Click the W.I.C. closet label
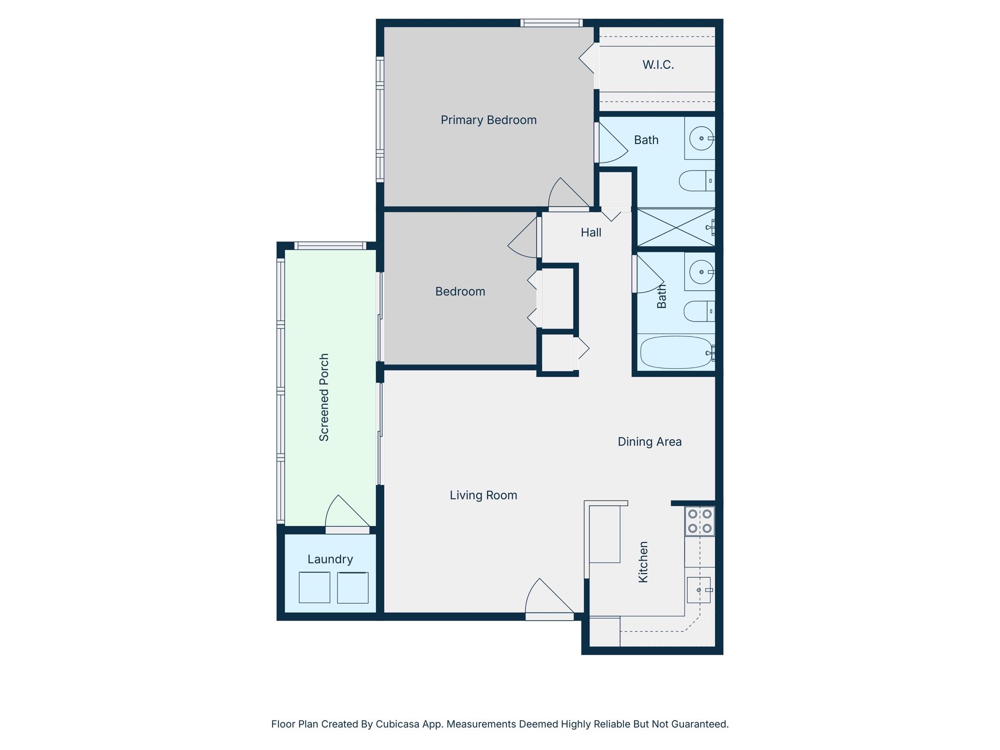658,64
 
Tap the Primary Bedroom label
488,120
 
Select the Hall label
591,232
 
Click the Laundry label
330,559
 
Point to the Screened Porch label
324,397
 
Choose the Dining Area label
649,441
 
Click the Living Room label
483,495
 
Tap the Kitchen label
643,562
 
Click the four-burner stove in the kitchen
699,521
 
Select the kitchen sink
699,590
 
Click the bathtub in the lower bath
676,352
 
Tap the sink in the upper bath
702,138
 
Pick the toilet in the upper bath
696,181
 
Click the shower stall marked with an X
676,228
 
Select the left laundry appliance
314,587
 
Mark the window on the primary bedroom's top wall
551,23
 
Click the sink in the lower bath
701,272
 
